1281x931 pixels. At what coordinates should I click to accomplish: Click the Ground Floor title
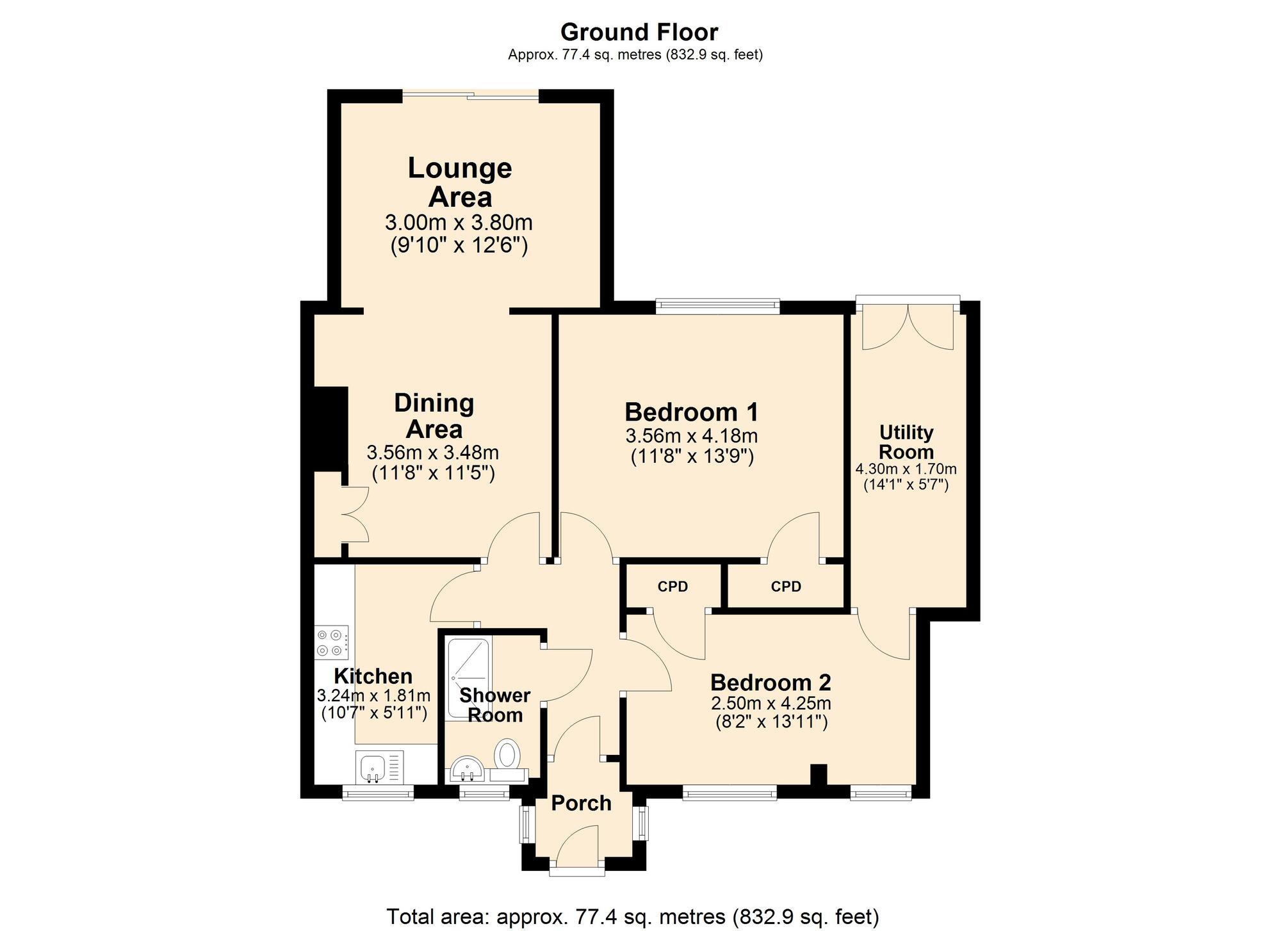[x=639, y=31]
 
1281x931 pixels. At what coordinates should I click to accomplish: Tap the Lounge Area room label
[x=460, y=182]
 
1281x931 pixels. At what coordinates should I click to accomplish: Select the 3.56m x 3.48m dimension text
[x=432, y=453]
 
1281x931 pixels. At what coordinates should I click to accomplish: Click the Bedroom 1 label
[x=691, y=412]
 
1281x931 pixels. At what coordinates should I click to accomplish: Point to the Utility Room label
[x=906, y=442]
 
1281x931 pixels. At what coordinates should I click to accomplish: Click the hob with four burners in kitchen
[x=332, y=643]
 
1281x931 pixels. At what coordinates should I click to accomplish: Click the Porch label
[x=581, y=803]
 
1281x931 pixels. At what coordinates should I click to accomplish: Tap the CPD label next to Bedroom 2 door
[x=673, y=587]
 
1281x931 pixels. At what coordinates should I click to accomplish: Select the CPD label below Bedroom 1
[x=786, y=587]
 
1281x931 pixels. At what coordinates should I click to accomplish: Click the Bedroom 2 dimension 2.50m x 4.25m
[x=771, y=704]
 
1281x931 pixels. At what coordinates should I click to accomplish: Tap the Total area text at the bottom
[x=632, y=916]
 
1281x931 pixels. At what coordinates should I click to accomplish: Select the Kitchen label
[x=373, y=676]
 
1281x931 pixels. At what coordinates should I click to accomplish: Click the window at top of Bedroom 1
[x=717, y=306]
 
